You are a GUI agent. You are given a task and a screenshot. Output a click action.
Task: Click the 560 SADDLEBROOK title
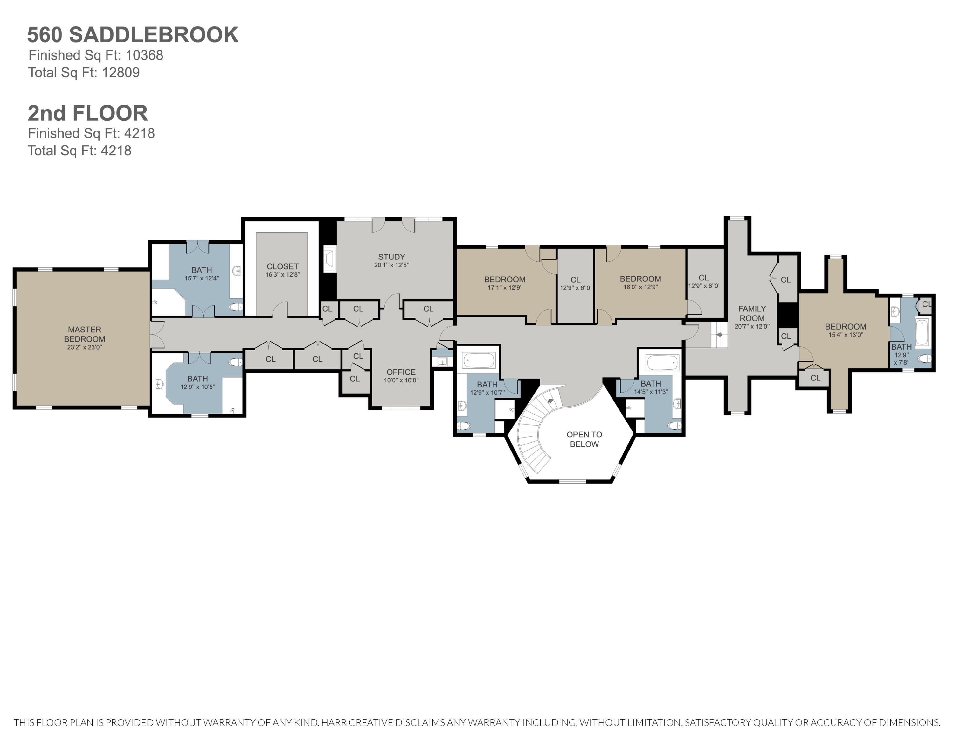pos(133,35)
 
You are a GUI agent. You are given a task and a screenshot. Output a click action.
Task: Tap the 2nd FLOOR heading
pos(88,113)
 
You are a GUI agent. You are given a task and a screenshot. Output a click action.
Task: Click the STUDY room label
pos(391,257)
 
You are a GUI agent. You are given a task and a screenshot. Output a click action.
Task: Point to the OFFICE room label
pos(401,372)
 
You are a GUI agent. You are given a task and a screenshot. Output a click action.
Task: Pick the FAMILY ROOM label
pos(752,313)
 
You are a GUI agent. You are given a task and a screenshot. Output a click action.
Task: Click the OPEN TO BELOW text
pos(584,439)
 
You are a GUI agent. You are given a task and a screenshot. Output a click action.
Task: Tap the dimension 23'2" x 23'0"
pos(85,347)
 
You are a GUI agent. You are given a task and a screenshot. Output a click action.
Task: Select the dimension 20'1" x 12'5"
pos(391,265)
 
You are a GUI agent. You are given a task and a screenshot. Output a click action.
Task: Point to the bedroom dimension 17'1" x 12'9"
pos(505,288)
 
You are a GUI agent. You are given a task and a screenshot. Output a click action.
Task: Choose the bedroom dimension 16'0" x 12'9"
pos(640,287)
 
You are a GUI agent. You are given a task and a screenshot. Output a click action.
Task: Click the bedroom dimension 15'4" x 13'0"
pos(846,335)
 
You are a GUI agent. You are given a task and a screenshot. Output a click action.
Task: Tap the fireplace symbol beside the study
pos(329,259)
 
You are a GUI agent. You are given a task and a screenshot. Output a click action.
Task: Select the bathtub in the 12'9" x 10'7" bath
pos(479,361)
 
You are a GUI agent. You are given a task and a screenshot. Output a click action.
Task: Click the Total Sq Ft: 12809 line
pos(84,73)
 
